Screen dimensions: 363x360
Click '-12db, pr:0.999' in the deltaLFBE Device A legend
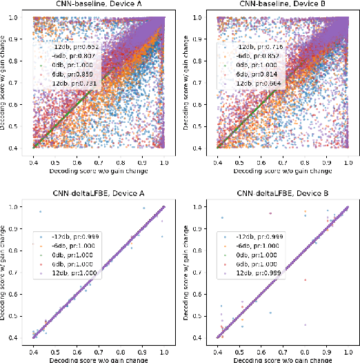[x=74, y=235]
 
